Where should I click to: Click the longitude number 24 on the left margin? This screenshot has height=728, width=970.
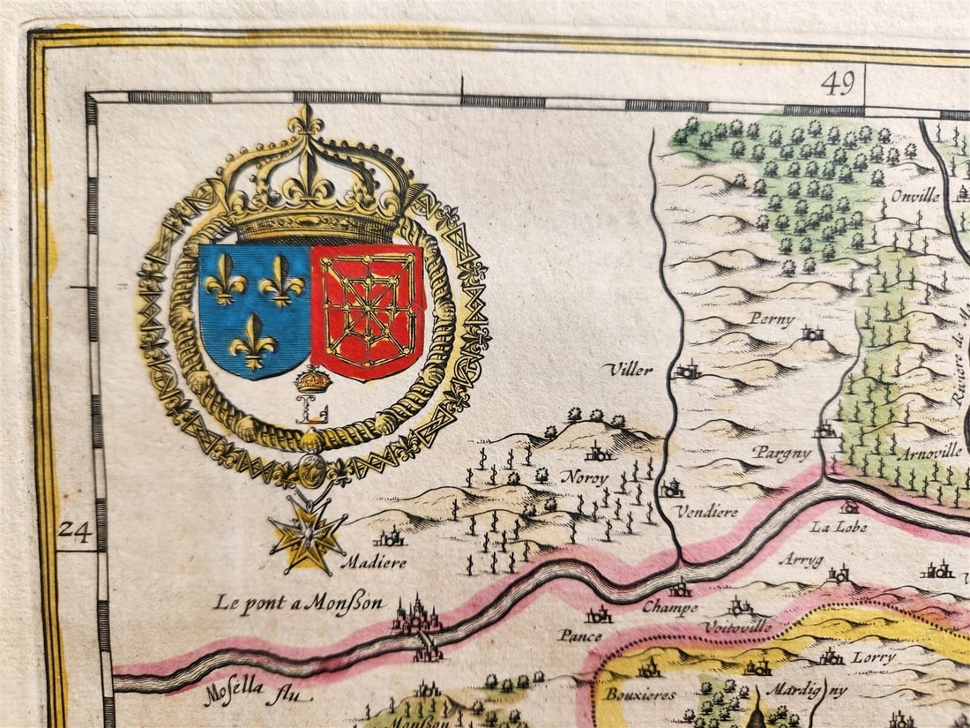(75, 531)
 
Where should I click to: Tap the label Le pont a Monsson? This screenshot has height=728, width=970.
(299, 604)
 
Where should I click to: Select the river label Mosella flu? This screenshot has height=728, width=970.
(246, 694)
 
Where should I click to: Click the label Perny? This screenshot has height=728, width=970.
(772, 319)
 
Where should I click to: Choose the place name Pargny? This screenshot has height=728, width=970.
(780, 453)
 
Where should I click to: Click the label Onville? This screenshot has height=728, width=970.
(914, 196)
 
